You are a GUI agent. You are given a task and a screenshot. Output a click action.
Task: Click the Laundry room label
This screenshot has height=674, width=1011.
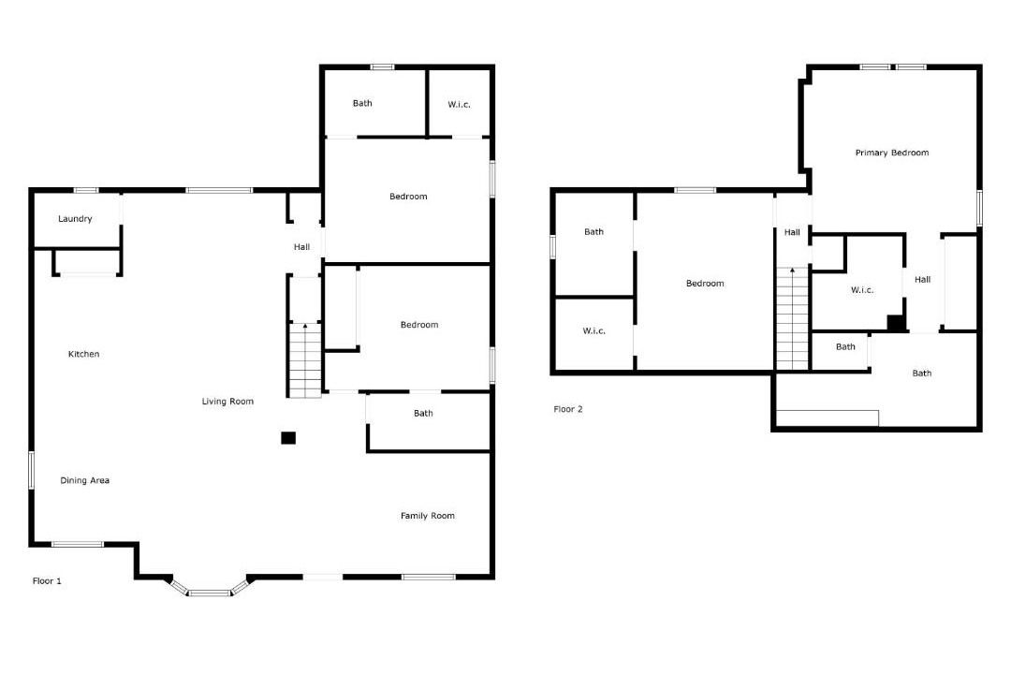click(x=75, y=219)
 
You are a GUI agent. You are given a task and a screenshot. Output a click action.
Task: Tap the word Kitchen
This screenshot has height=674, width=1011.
click(x=84, y=354)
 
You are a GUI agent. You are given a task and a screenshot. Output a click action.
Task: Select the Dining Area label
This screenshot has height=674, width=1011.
click(x=84, y=480)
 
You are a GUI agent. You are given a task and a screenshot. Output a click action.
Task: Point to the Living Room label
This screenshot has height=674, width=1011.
click(x=227, y=402)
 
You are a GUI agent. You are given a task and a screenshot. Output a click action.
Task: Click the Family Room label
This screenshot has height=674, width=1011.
click(x=428, y=516)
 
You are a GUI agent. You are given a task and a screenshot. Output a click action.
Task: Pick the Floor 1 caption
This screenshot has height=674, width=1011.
click(x=47, y=581)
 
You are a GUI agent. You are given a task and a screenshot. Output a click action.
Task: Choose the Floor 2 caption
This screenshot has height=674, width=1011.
click(x=568, y=409)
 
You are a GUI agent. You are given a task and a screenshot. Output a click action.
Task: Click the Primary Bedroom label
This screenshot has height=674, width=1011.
click(x=892, y=153)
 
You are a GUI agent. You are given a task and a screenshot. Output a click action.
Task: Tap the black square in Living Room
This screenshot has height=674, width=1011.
click(x=288, y=438)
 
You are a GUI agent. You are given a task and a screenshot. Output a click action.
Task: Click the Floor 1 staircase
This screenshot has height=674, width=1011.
click(x=304, y=359)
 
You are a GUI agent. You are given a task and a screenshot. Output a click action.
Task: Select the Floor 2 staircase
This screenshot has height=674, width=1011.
click(x=792, y=318)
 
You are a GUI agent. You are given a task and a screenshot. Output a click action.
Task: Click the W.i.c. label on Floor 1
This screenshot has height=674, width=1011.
click(x=459, y=105)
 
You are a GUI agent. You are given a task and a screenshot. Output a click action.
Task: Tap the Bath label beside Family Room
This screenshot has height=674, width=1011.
click(x=424, y=414)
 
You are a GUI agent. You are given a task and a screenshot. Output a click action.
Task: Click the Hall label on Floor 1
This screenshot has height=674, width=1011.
click(x=301, y=247)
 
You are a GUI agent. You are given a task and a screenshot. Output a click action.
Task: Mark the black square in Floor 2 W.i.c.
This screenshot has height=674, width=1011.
click(x=896, y=322)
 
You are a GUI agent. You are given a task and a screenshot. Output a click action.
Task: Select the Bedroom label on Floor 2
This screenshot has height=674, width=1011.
click(x=705, y=283)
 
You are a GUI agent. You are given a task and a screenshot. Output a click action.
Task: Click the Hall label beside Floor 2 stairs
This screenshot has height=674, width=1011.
click(x=792, y=232)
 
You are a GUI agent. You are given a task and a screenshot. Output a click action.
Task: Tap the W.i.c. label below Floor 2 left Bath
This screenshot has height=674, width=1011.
click(x=593, y=330)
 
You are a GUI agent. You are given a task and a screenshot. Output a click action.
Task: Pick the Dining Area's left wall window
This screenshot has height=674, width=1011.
click(x=30, y=470)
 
